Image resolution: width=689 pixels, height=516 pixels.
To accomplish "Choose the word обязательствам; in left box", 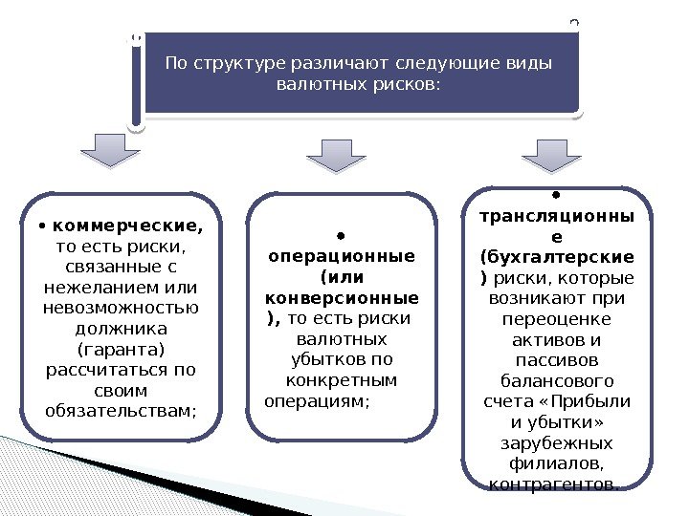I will (x=120, y=412).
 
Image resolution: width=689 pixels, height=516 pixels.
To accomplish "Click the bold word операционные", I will (x=342, y=257).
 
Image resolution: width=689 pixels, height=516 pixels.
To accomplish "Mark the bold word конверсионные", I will (x=342, y=298).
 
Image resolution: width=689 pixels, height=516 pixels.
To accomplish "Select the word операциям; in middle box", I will (x=315, y=401).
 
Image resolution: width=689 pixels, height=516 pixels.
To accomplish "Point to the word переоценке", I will (x=556, y=319).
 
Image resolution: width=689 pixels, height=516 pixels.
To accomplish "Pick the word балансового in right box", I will (x=556, y=381).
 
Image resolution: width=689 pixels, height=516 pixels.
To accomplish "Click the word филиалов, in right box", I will (x=556, y=464).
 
